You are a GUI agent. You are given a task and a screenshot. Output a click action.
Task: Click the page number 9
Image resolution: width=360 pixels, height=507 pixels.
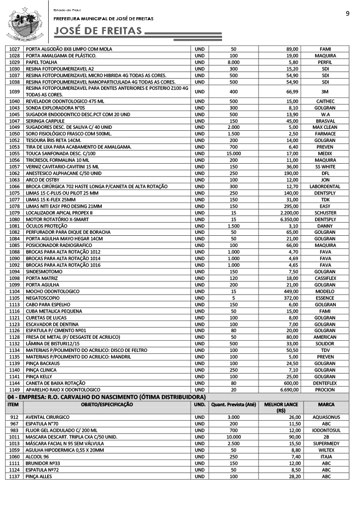point(347,14)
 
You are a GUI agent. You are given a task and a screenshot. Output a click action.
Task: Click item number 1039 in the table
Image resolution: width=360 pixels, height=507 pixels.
point(14,91)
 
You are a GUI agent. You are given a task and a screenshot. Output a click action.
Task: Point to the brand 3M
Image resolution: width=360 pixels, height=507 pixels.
point(325,91)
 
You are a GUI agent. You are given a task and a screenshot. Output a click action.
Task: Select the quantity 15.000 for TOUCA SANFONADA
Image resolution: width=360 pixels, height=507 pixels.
point(233,154)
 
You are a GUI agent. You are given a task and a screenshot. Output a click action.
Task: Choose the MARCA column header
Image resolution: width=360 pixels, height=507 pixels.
point(325,405)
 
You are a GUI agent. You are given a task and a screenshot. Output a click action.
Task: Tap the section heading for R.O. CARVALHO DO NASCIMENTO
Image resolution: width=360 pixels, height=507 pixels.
point(106,396)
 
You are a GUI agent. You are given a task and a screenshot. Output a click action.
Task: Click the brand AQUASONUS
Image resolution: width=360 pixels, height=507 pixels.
point(325,417)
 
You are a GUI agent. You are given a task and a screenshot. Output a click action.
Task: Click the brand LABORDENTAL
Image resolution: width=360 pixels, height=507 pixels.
point(325,187)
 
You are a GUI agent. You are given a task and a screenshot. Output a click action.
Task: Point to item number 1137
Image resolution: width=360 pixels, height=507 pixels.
point(14,476)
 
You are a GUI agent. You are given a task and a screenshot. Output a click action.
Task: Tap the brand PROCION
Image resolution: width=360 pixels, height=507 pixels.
point(325,389)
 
